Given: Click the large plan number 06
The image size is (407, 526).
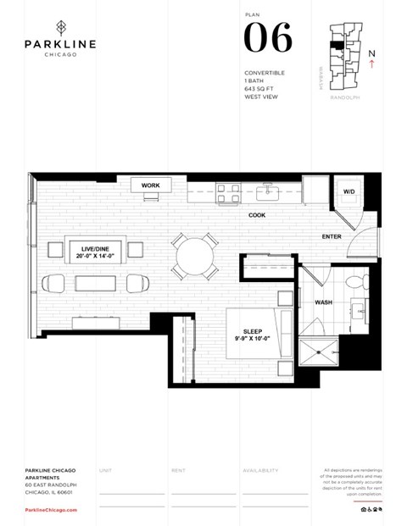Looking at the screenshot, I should click(268, 39).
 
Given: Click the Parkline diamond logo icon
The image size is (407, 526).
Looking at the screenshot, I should click(59, 26).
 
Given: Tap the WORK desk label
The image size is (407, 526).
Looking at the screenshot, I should click(151, 185).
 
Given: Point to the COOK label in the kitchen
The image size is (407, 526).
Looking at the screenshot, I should click(257, 215).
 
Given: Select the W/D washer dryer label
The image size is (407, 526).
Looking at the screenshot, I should click(349, 192).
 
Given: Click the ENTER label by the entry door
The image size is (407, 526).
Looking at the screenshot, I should click(332, 236).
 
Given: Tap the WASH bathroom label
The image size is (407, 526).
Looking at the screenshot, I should click(323, 302).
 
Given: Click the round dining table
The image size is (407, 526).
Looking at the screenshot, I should click(195, 255).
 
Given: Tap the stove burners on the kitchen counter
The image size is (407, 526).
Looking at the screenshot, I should click(227, 193).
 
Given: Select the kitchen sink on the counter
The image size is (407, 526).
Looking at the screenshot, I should click(269, 191).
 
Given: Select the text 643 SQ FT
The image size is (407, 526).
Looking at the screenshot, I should click(259, 89).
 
